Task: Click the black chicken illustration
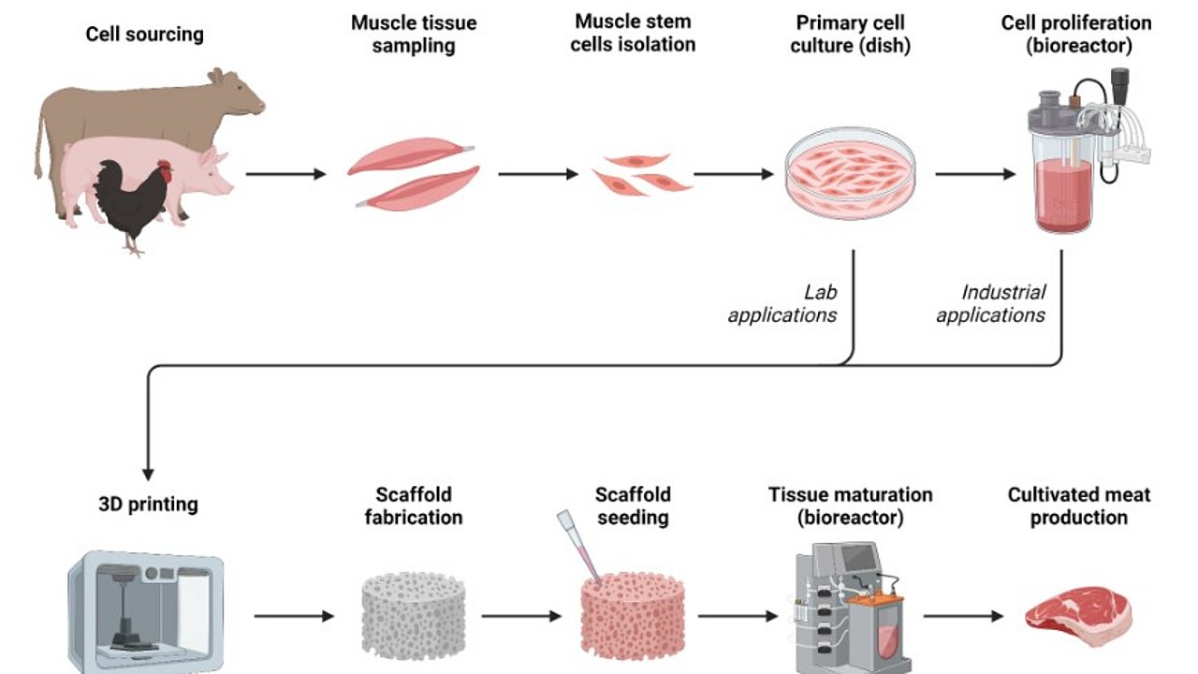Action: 131,201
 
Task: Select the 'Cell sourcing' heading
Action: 144,35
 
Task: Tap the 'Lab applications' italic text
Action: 782,304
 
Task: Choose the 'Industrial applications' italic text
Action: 990,304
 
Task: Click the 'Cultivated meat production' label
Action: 1078,505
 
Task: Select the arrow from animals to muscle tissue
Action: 285,174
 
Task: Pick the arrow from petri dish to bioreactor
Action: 974,174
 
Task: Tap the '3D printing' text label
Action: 148,505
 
